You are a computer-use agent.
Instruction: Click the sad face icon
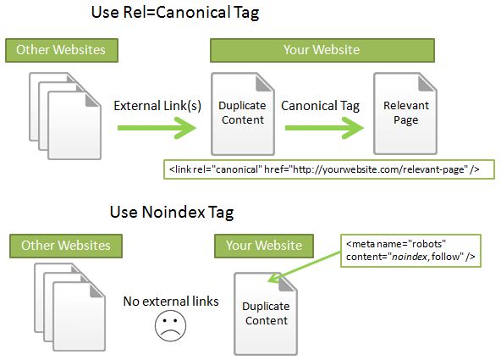170,326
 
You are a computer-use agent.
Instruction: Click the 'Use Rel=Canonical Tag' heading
175,13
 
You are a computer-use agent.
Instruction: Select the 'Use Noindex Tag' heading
172,212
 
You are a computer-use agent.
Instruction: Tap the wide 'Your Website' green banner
322,50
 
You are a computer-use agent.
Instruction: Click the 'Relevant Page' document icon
405,114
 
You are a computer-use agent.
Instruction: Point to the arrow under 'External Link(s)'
157,128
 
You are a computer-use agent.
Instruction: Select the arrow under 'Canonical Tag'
324,128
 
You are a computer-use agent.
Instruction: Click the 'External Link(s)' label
157,106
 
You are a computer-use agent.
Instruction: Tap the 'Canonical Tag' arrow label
320,106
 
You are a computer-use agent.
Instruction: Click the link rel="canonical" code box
329,169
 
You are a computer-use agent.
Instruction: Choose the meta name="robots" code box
410,251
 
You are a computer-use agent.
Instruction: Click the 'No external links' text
171,302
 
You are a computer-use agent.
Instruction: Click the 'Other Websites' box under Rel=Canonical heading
62,50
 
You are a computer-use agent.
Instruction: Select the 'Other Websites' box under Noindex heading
66,246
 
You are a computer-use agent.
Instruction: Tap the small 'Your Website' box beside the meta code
264,246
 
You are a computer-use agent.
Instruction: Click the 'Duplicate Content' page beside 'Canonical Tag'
243,114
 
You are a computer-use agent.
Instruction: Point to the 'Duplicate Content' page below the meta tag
266,313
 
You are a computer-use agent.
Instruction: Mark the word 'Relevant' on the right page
406,106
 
